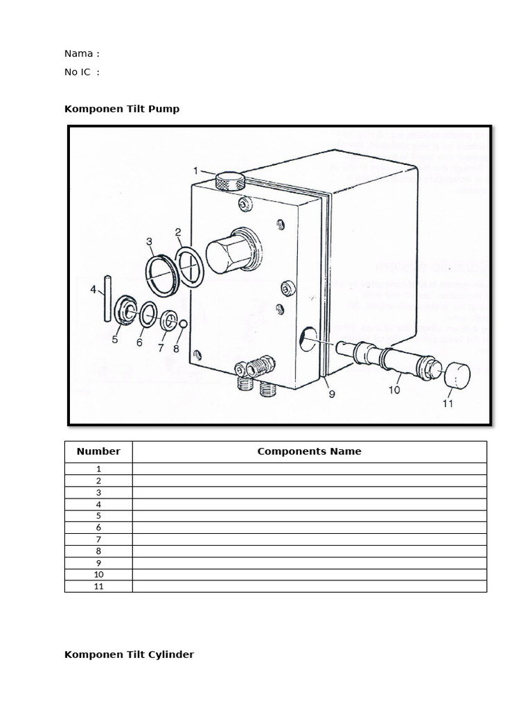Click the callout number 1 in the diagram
pos(196,171)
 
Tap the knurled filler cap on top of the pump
pos(229,182)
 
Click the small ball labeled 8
pos(184,324)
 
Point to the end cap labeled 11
pos(456,375)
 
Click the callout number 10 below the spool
pos(393,390)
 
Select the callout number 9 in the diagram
pos(331,394)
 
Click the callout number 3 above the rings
pos(149,241)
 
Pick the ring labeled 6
pos(148,316)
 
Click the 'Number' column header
pos(98,451)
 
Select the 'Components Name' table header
pos(309,451)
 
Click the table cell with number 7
pos(98,539)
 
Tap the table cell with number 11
pos(98,587)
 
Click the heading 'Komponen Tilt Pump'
pos(122,109)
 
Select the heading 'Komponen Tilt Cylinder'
pos(129,655)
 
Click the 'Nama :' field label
pos(82,53)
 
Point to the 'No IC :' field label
pos(82,72)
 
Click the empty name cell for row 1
pos(309,469)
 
